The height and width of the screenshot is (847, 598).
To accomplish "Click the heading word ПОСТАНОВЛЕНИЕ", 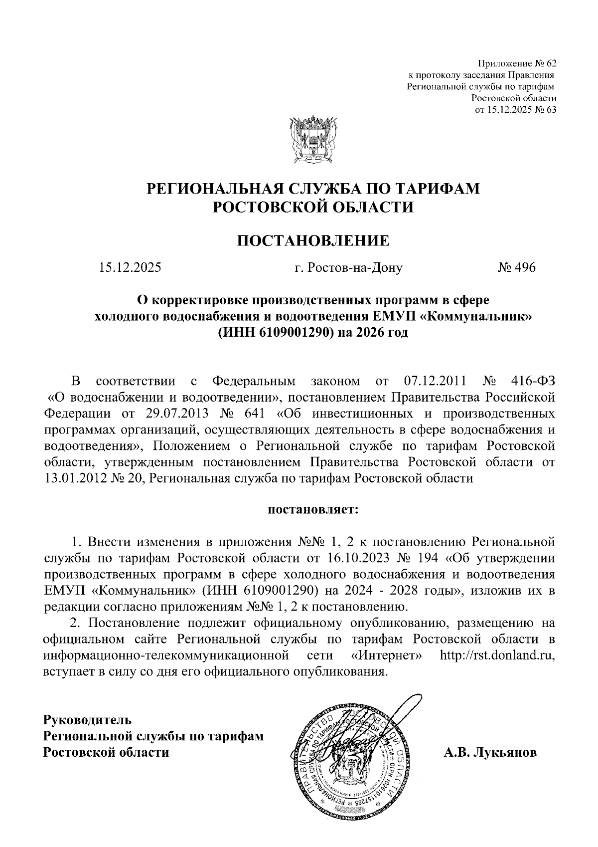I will (312, 240).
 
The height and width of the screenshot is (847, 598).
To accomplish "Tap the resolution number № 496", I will (516, 268).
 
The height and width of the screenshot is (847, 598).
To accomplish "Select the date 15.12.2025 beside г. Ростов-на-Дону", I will (130, 268).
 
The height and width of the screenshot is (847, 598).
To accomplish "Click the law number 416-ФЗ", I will (533, 382).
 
